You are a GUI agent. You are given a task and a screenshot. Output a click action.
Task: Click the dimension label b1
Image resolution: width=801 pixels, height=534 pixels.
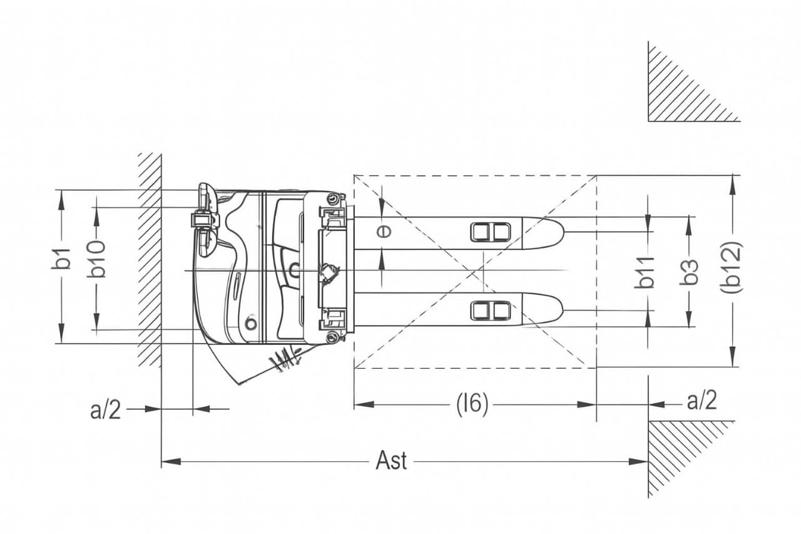coord(63,258)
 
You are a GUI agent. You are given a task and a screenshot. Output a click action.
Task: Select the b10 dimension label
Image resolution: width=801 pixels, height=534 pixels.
coord(96,259)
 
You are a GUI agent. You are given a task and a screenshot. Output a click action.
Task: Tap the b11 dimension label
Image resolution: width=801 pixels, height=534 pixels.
coord(645,272)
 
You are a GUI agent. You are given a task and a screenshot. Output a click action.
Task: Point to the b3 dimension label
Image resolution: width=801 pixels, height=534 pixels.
coord(689,272)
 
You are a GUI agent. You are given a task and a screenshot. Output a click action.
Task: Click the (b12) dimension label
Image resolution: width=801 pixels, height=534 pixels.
coord(732,267)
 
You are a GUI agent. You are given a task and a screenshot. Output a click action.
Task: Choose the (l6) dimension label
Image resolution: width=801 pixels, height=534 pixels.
coord(472,405)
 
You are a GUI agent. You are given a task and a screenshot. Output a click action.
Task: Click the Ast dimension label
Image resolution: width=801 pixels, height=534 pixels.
coord(391,461)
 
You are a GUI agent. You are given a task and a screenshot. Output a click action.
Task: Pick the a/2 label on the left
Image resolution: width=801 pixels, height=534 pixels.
coord(106,410)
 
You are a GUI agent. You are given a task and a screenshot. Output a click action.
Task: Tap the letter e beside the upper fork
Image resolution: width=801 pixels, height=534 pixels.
coord(384,232)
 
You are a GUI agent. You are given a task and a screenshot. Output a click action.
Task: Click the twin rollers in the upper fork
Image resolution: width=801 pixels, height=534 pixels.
coord(490,232)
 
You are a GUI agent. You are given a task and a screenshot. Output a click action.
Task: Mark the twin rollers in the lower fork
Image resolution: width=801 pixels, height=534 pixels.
coord(490,311)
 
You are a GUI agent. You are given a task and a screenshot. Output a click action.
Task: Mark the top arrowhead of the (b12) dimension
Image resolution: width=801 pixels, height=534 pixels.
coord(733,185)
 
